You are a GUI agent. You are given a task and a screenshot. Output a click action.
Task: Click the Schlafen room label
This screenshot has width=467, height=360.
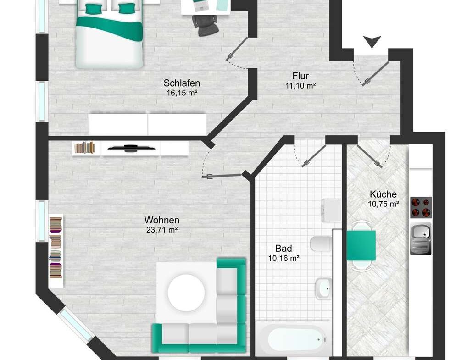(182, 83)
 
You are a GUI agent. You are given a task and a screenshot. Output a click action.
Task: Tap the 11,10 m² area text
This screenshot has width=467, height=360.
(300, 86)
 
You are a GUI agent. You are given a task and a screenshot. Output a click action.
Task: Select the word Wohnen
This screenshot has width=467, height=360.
(162, 220)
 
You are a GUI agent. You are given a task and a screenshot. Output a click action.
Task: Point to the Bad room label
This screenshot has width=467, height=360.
(284, 249)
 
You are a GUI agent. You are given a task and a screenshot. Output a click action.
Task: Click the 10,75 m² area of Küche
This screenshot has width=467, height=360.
(384, 204)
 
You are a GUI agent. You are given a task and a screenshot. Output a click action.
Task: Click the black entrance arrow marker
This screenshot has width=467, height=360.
(372, 42)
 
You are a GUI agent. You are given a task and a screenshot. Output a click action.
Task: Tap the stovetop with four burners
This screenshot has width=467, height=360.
(421, 207)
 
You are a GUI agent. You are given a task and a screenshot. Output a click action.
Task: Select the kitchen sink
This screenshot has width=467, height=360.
(421, 239)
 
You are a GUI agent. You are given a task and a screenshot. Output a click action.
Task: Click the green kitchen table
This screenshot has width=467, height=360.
(361, 245)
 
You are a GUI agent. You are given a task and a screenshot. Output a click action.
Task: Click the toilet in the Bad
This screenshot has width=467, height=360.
(321, 244)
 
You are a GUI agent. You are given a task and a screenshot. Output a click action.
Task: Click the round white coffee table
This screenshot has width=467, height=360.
(186, 293)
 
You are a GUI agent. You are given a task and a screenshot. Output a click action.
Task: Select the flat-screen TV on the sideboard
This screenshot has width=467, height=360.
(131, 148)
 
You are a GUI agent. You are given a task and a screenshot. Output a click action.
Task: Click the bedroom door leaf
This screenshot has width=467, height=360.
(237, 49)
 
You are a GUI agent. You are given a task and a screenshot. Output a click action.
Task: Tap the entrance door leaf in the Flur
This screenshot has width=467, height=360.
(375, 73)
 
